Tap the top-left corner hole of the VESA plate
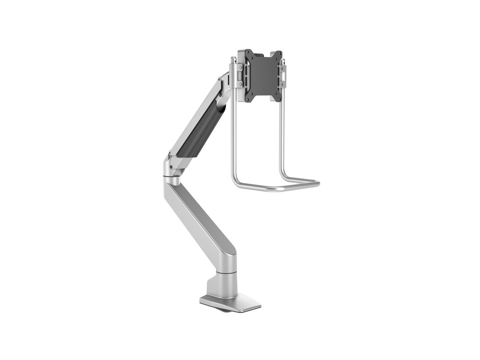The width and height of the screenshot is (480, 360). (247, 53)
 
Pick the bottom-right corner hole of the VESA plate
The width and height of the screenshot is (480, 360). (279, 98)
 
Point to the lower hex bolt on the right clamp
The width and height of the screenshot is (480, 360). (284, 84)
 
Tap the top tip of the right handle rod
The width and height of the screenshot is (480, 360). (284, 60)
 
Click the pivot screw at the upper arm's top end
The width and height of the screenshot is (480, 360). (220, 80)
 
